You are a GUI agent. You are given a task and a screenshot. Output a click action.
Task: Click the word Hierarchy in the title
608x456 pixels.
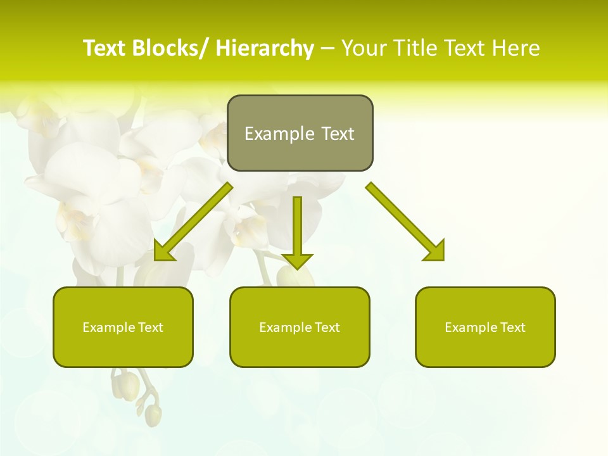click(265, 49)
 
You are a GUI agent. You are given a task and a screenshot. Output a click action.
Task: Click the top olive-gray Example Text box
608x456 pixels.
click(300, 133)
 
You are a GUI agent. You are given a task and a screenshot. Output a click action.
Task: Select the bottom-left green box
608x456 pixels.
click(123, 327)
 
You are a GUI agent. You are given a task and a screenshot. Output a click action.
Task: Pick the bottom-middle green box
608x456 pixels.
click(300, 327)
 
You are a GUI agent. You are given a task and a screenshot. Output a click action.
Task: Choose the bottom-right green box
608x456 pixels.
click(485, 327)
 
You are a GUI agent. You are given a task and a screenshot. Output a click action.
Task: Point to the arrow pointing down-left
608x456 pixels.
click(193, 222)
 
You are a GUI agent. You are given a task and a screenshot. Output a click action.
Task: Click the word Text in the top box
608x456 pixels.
click(338, 134)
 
